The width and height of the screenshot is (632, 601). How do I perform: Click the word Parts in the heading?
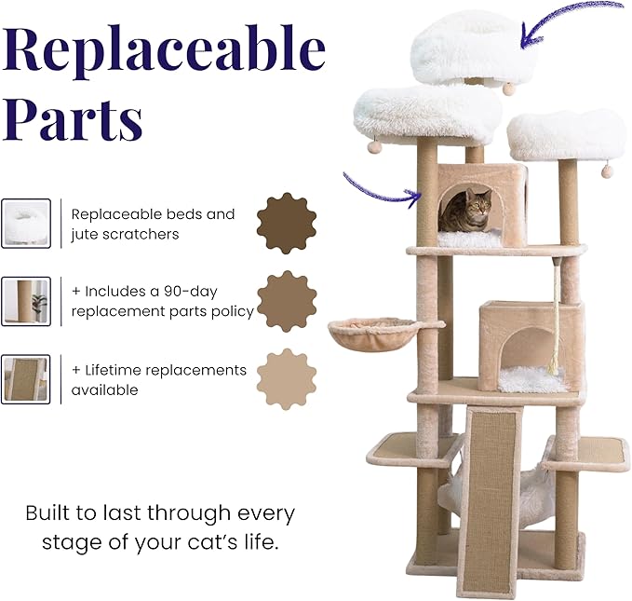(x=74, y=118)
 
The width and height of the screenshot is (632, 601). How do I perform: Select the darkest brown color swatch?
(x=286, y=224)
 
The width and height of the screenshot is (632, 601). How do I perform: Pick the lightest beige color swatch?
(x=286, y=378)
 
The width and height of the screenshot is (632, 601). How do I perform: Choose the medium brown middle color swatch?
(x=286, y=301)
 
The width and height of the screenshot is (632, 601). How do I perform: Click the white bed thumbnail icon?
(x=26, y=224)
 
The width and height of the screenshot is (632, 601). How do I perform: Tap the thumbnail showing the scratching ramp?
(x=26, y=378)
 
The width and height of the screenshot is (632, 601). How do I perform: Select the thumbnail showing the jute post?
(x=26, y=301)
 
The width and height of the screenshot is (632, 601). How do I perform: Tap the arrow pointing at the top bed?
(x=569, y=19)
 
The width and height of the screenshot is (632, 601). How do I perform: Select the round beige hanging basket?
(x=373, y=332)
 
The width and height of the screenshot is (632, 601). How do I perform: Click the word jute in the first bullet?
(x=85, y=233)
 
